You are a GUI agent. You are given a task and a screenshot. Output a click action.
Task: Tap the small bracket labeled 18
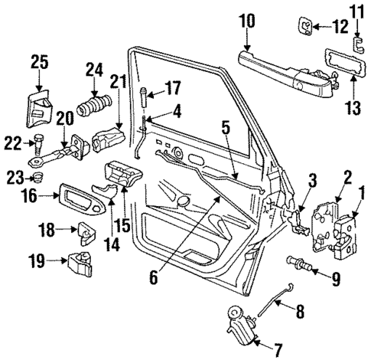click(86, 231)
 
